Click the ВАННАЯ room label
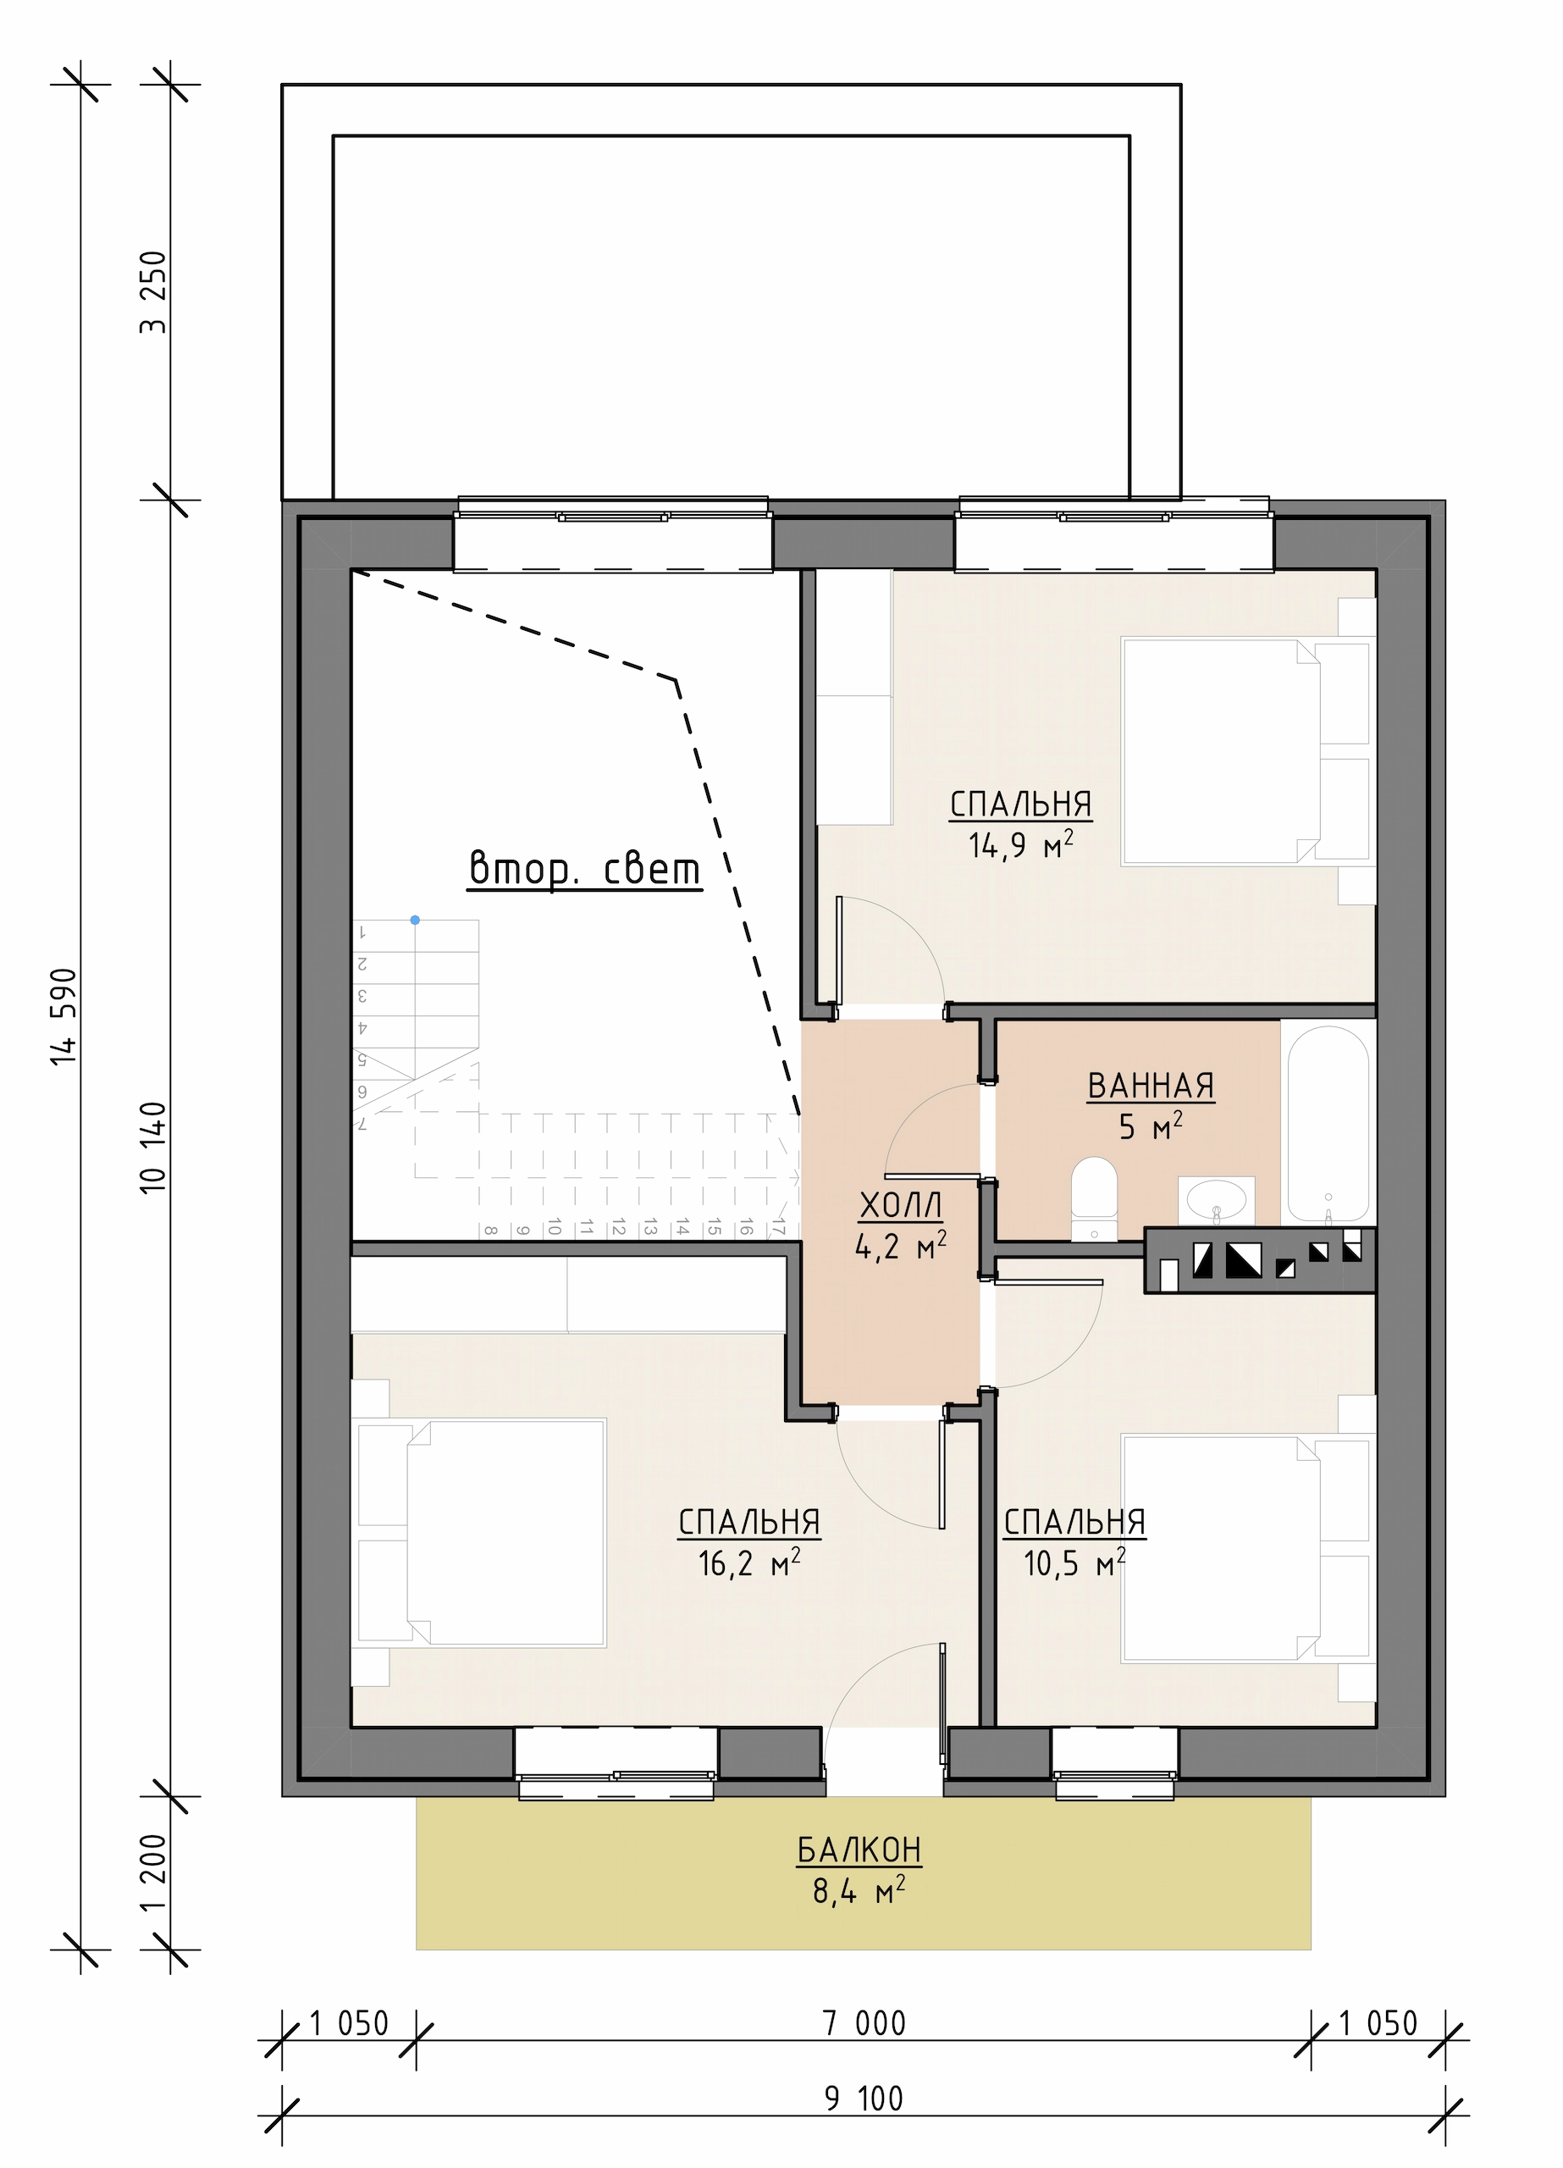point(1150,1086)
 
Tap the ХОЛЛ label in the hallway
point(901,1205)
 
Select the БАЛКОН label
point(859,1850)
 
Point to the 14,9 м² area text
point(1020,845)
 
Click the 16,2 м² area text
point(748,1563)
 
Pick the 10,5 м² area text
point(1074,1563)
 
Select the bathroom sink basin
point(1216,1201)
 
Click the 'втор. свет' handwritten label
point(584,868)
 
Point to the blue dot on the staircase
point(415,920)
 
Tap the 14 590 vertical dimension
point(64,1016)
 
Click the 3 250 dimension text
point(153,291)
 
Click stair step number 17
point(779,1226)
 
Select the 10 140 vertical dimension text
point(153,1147)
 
